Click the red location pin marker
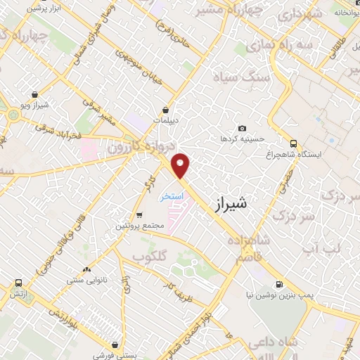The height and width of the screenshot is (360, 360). [x=181, y=165]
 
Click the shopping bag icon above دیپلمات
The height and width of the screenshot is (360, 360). [x=165, y=110]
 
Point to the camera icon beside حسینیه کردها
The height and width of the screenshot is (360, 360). [x=242, y=129]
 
